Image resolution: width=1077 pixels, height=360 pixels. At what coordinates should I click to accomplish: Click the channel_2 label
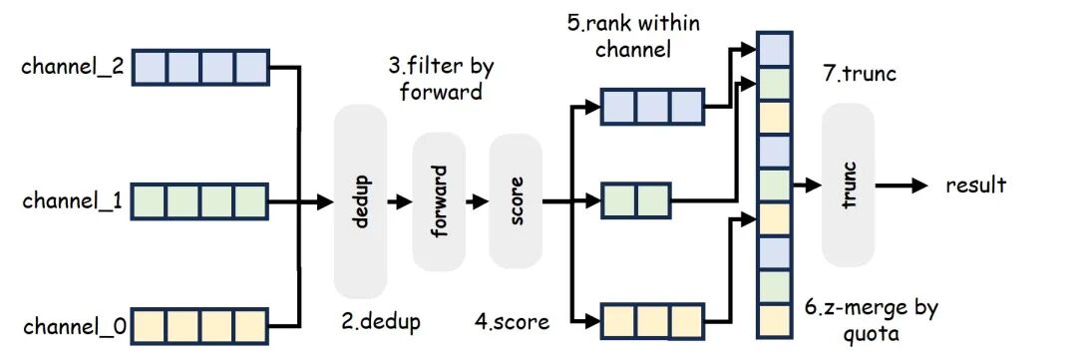coord(72,68)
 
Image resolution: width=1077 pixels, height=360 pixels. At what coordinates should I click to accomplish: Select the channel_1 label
coord(72,201)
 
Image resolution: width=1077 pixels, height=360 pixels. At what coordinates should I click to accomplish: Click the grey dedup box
coord(360,200)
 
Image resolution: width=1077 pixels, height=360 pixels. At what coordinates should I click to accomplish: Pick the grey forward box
coord(439,200)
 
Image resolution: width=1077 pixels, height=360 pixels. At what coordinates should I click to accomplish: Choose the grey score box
coord(516,200)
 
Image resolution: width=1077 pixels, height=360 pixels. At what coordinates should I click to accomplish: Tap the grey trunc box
coord(848,185)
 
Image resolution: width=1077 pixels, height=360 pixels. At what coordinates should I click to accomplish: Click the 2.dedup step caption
coord(380,321)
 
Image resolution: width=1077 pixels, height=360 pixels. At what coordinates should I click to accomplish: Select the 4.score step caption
coord(513,321)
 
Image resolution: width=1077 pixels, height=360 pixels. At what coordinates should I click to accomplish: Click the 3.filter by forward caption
coord(441,79)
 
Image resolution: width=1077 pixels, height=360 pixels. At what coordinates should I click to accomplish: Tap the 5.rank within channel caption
coord(632,36)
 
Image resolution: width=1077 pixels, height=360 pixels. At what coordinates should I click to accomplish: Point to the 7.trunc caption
coord(859,73)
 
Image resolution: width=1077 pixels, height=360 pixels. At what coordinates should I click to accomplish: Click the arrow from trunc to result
coord(901,184)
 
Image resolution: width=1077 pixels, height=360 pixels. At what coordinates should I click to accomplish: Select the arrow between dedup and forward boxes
coord(399,201)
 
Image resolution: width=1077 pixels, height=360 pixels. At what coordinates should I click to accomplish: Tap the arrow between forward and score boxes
coord(477,201)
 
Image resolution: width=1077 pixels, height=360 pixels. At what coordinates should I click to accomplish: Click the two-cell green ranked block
coord(635,200)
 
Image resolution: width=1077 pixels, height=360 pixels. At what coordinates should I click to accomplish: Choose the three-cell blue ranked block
coord(652,107)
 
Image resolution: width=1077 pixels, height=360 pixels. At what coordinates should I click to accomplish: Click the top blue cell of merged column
coord(774,48)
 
